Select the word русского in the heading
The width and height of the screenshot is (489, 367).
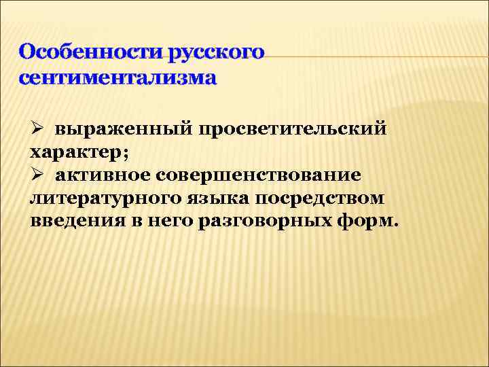coord(219,52)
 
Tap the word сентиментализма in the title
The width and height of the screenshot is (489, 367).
coord(118,77)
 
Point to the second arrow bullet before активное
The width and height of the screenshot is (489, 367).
coord(37,175)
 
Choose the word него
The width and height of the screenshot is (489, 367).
coord(168,223)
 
